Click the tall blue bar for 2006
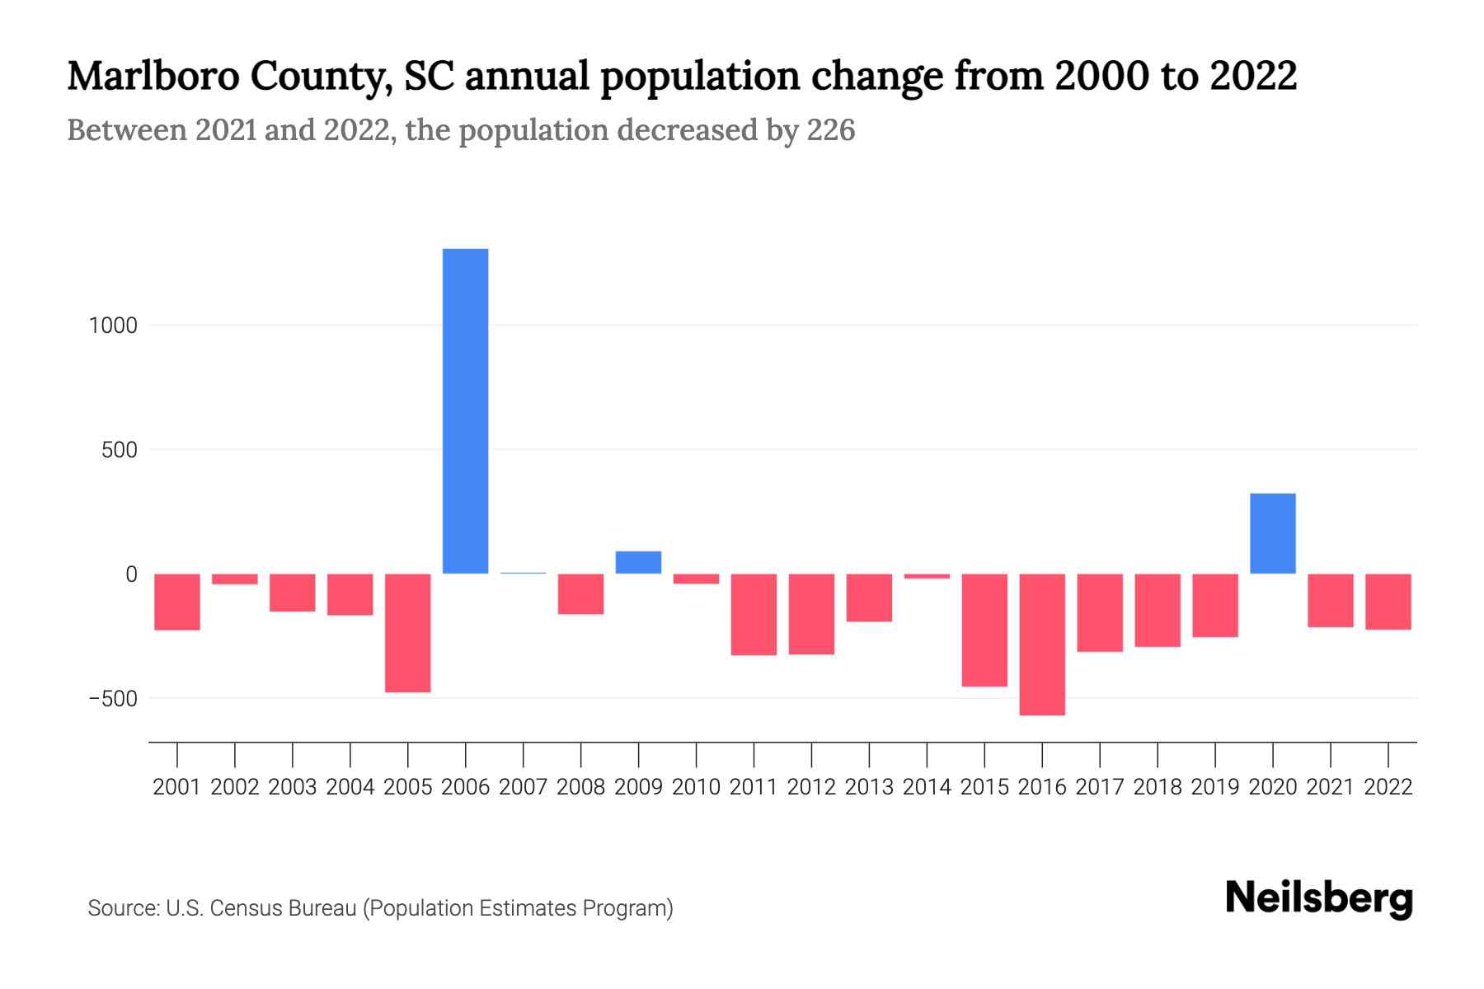pyautogui.click(x=465, y=410)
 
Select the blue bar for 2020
pyautogui.click(x=1272, y=533)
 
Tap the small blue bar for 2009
pyautogui.click(x=638, y=562)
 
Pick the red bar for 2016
pyautogui.click(x=1042, y=644)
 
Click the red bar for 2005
pyautogui.click(x=408, y=632)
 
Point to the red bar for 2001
pyautogui.click(x=177, y=602)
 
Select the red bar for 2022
pyautogui.click(x=1388, y=602)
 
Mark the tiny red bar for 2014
pyautogui.click(x=927, y=576)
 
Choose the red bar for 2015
pyautogui.click(x=984, y=630)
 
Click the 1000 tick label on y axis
pyautogui.click(x=114, y=326)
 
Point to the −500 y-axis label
pyautogui.click(x=114, y=699)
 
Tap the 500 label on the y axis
pyautogui.click(x=120, y=450)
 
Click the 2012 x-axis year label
pyautogui.click(x=811, y=787)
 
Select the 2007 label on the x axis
pyautogui.click(x=523, y=787)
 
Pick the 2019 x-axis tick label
pyautogui.click(x=1214, y=787)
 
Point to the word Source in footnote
pyautogui.click(x=123, y=908)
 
